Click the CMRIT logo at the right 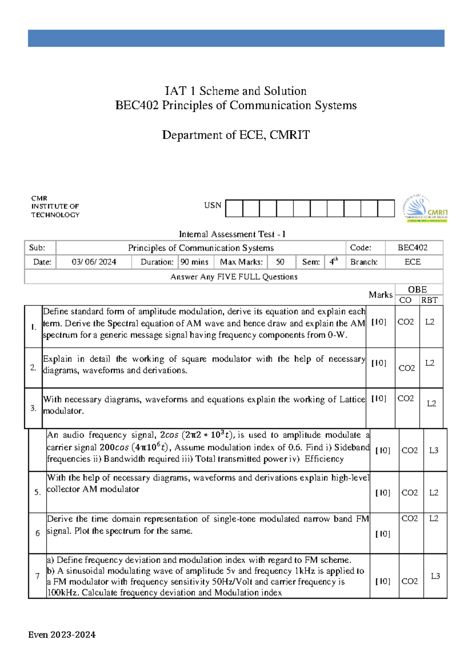pos(425,209)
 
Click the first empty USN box pos(234,209)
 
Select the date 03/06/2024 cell pos(94,262)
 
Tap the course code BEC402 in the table pos(412,248)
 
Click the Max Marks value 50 pos(280,262)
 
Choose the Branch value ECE pos(413,262)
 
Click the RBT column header pos(429,300)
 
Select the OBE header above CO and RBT pos(417,290)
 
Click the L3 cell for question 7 pos(435,576)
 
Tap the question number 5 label pos(37,493)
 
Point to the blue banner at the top pos(236,38)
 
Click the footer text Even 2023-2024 pos(62,635)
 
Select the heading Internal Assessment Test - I pos(232,234)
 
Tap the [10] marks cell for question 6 pos(382,534)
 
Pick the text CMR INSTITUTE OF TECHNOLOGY pos(55,207)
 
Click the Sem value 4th pos(334,262)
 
